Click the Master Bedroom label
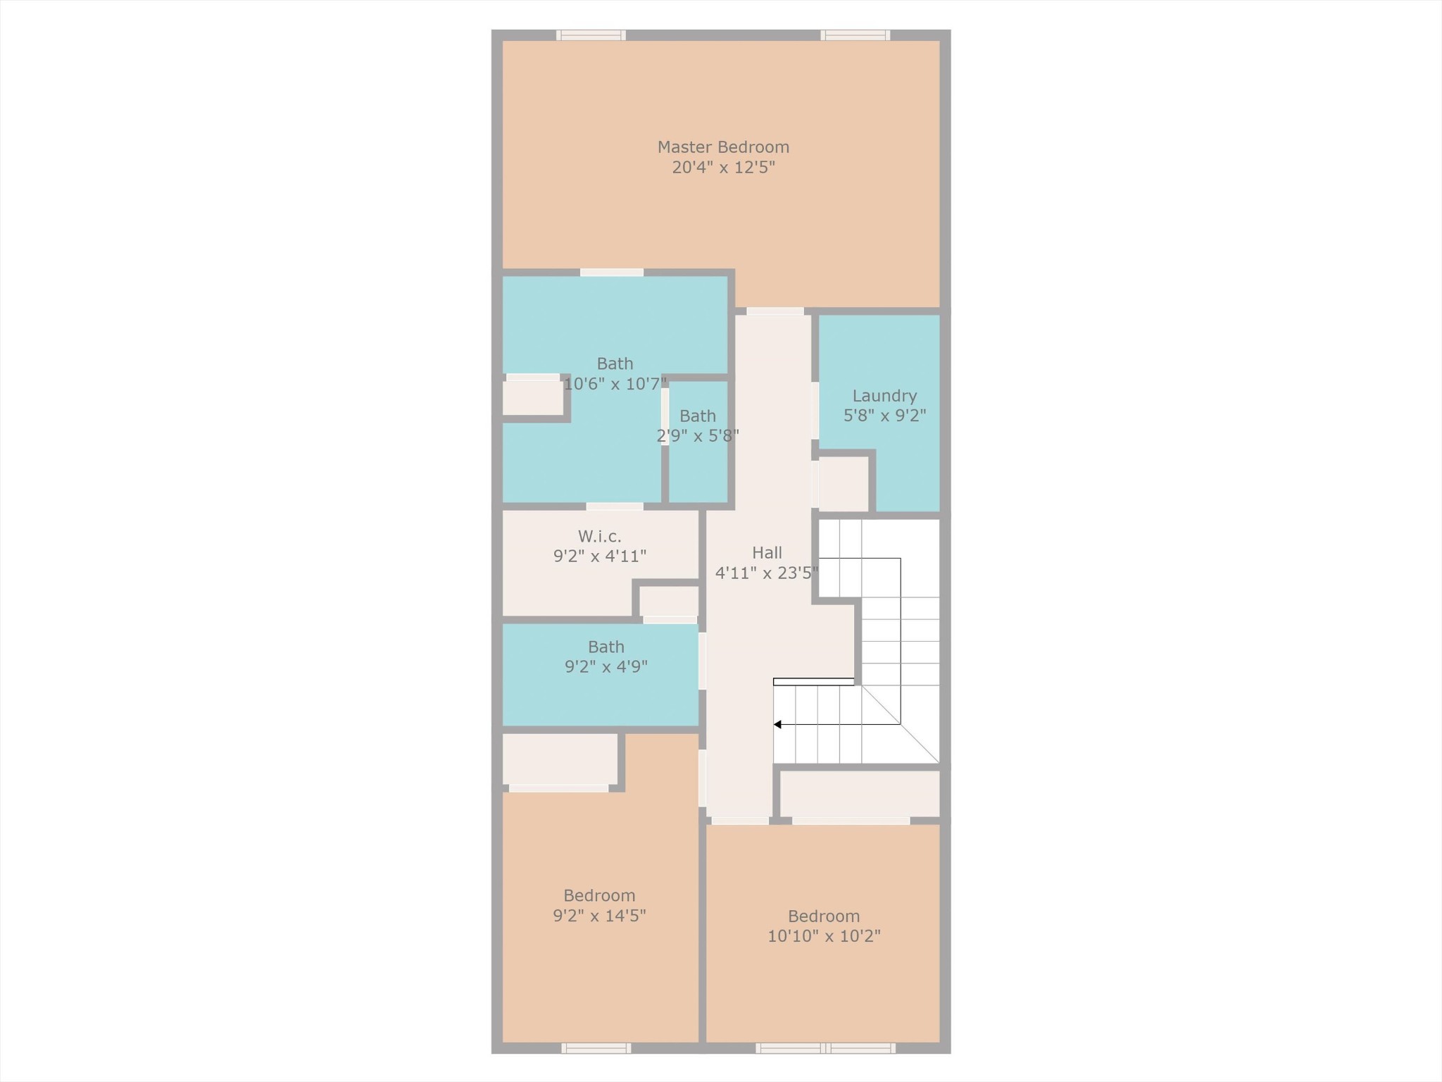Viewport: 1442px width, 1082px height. click(723, 147)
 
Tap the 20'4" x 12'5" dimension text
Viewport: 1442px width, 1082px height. click(723, 168)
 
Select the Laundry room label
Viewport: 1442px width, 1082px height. click(884, 396)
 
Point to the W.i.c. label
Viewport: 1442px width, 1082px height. click(599, 536)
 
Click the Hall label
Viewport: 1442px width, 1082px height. click(767, 553)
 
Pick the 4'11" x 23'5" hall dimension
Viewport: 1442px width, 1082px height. click(767, 573)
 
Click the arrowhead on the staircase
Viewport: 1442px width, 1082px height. click(777, 724)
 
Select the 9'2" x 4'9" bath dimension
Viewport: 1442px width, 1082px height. click(606, 667)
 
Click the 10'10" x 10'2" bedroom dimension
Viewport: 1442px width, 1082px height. click(824, 936)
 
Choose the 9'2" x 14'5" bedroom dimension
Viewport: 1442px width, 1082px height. click(599, 916)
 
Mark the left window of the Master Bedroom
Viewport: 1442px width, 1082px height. click(591, 35)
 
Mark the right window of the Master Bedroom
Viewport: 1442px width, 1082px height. click(855, 35)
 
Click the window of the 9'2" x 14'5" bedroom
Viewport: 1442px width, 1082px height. click(596, 1048)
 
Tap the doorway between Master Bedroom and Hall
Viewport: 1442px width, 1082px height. click(775, 311)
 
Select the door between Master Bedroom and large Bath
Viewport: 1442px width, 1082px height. click(611, 273)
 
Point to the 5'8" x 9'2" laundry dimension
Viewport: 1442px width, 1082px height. click(884, 416)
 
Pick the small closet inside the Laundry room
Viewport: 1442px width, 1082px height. click(843, 484)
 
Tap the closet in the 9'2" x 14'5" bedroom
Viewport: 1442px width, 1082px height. click(560, 759)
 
